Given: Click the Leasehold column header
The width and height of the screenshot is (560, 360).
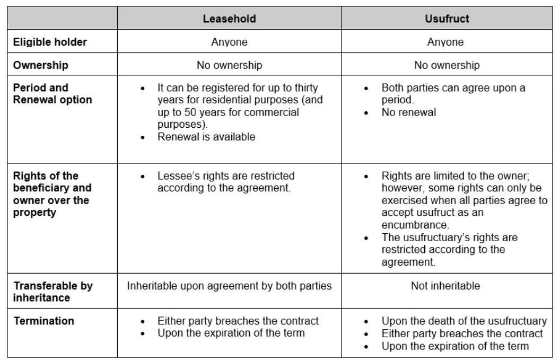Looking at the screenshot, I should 230,19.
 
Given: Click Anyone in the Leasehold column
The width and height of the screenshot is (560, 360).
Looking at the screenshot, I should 230,42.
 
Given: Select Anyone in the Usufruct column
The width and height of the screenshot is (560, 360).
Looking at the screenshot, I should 445,42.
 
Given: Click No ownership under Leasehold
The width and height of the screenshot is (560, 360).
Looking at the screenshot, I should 230,65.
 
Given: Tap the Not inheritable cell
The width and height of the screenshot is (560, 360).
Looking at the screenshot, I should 445,286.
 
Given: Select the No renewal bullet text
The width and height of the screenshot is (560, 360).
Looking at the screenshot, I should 409,112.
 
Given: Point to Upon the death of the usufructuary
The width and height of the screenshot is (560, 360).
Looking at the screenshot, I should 464,321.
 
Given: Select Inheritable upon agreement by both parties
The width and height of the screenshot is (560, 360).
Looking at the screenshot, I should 230,286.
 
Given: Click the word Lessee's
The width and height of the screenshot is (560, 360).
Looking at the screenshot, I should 176,175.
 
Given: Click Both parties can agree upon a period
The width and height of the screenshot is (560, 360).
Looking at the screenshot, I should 453,93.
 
